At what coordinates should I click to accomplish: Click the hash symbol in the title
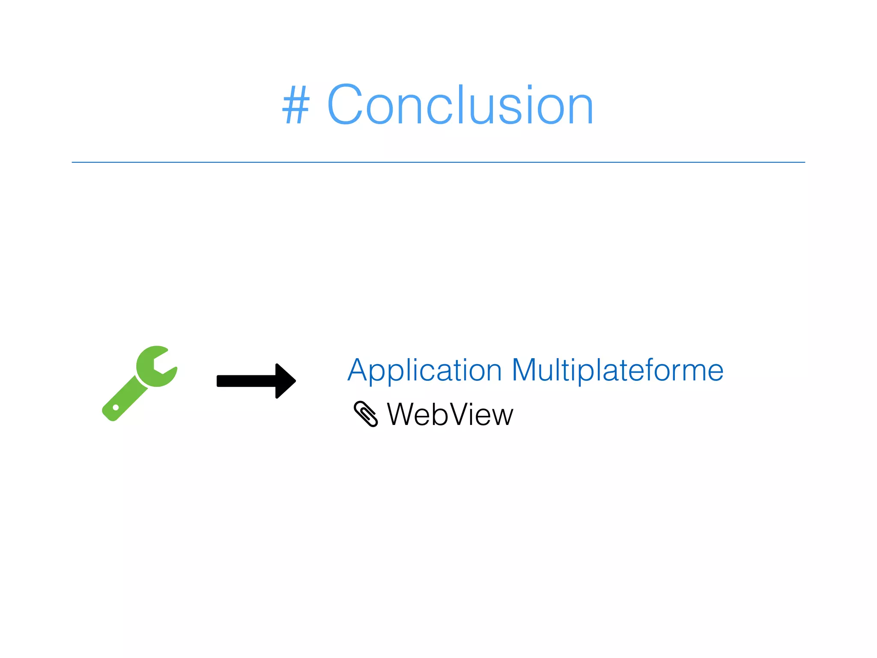(296, 105)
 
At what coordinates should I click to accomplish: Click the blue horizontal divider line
(438, 162)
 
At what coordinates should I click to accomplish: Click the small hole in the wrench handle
(116, 407)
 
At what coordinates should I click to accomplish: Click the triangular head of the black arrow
(285, 381)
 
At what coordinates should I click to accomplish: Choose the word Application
(424, 370)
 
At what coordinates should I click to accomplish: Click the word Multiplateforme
(617, 370)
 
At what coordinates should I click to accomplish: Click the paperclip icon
(366, 414)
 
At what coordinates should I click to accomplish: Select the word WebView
(450, 415)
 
